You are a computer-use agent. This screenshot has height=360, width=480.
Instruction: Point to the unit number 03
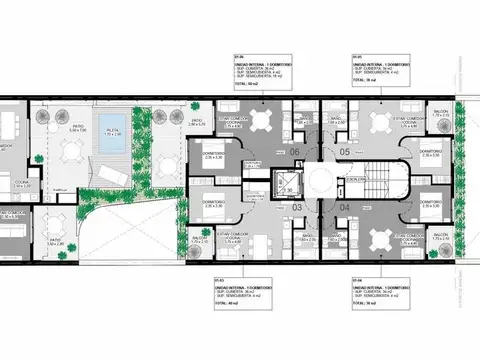click(297, 207)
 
